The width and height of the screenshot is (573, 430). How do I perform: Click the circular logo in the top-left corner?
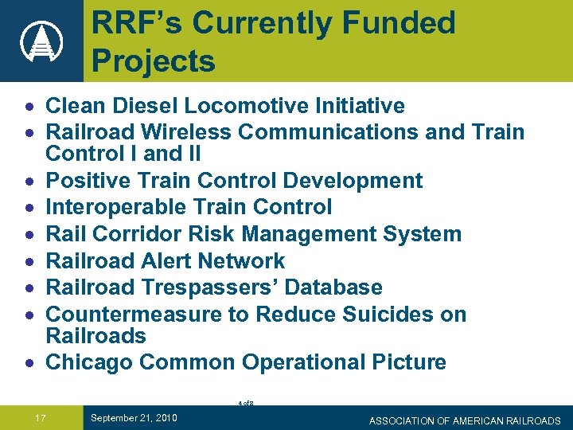41,41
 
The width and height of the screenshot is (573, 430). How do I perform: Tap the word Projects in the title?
154,61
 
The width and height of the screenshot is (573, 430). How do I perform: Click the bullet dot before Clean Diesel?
29,107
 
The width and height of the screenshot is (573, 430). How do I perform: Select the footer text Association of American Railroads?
465,420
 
